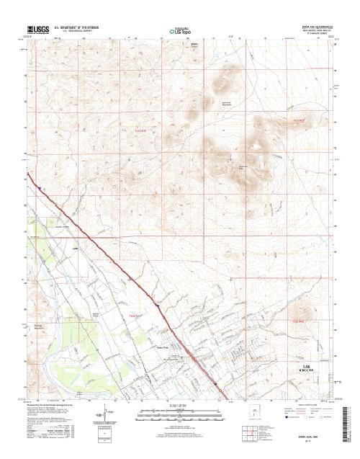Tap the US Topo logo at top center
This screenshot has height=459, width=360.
pyautogui.click(x=179, y=31)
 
